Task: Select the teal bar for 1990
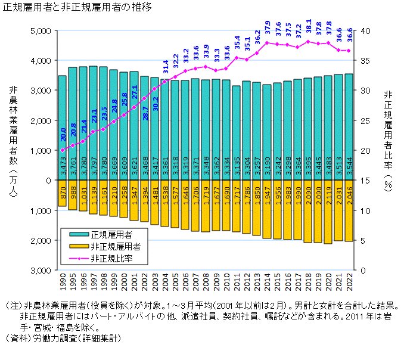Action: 62,128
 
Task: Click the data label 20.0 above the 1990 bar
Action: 62,138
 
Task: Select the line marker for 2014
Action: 268,43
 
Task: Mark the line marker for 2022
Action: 349,51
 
